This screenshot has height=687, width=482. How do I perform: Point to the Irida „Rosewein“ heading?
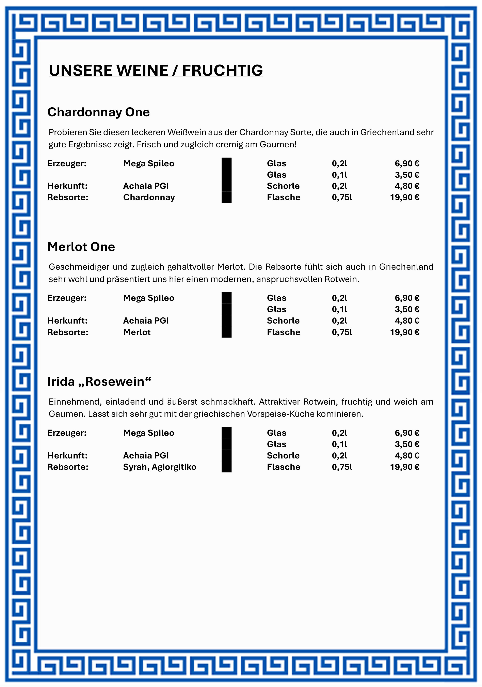99,382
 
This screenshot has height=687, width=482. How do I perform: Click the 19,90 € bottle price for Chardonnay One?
404,198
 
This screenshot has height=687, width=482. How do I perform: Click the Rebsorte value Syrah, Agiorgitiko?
159,467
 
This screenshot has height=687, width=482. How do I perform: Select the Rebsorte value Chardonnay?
149,198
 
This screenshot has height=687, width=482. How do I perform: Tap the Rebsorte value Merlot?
137,332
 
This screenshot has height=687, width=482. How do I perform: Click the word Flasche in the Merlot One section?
283,332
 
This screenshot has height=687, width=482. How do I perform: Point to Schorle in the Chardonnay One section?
283,186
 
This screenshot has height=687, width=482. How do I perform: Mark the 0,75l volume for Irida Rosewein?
342,467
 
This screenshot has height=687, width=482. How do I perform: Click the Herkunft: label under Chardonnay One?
67,186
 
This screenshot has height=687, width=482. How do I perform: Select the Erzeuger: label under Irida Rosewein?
67,433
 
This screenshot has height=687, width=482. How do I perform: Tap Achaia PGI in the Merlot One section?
146,321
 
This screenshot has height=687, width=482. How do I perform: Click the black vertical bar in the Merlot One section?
226,315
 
